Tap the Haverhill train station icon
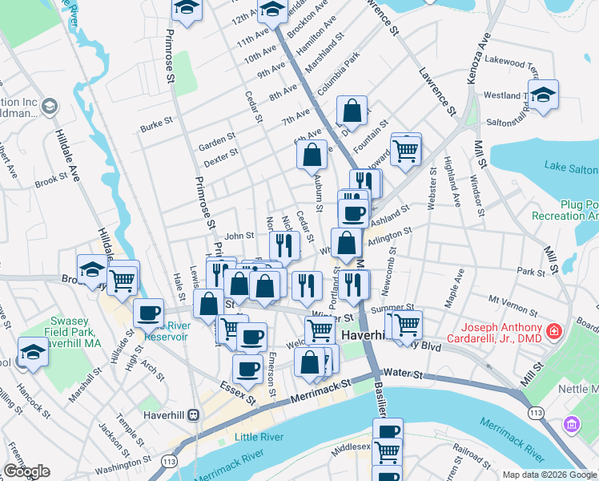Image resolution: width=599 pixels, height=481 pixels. coord(193,416)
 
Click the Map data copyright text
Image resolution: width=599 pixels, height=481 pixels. coord(549,475)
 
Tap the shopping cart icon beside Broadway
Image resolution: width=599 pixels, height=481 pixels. coord(123,281)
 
